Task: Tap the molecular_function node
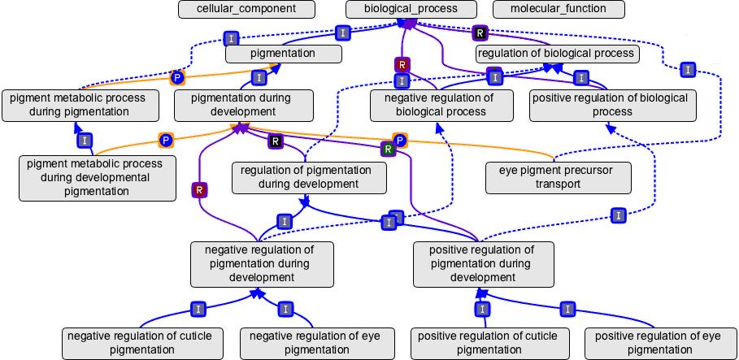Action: [558, 9]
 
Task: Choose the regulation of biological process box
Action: [556, 54]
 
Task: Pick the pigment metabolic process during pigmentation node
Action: [78, 105]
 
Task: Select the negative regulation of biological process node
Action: [442, 105]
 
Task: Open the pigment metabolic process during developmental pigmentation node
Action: [95, 177]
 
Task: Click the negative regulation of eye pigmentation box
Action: [316, 343]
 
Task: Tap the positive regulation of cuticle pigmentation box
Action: [488, 343]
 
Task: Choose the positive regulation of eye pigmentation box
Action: [658, 343]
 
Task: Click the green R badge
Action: [389, 149]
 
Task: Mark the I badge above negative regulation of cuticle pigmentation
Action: [198, 309]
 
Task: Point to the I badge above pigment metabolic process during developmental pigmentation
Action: [85, 141]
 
